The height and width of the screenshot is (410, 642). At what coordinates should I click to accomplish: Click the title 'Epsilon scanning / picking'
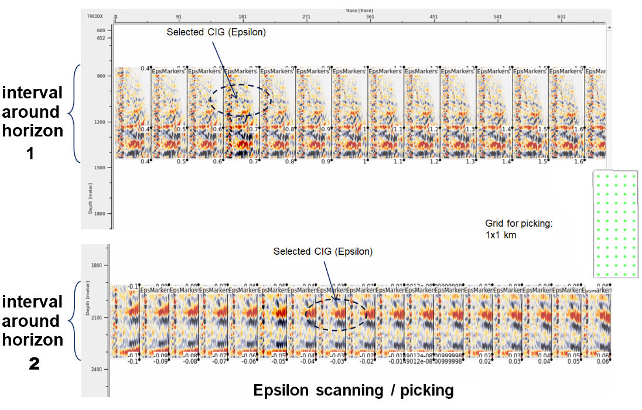pos(353,391)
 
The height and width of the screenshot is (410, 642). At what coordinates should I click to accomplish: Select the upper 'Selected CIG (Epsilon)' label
pos(216,32)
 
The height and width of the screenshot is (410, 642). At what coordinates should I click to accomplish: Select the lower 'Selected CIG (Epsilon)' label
pos(323,251)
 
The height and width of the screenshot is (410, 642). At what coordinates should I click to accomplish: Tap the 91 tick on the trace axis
pos(179,17)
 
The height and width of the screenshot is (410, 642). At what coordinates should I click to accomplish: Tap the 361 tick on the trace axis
pos(370,17)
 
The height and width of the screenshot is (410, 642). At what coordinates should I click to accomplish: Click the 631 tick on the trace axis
pos(561,17)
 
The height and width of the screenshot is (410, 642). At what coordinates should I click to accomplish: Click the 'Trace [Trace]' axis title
pos(358,11)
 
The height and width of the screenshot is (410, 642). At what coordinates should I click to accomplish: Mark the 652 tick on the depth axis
pos(101,38)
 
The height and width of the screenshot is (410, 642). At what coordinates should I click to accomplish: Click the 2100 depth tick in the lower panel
pos(97,317)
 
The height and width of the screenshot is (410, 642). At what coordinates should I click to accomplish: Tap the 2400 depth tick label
pos(97,370)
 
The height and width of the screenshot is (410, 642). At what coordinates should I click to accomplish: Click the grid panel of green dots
pos(614,225)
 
